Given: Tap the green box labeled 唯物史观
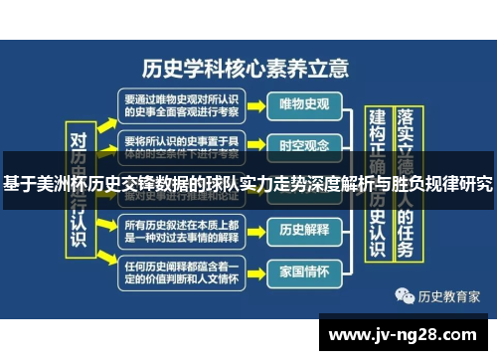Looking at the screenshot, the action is point(304,102).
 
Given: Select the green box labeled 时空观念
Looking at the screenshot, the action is point(304,145).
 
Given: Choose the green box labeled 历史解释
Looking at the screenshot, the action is point(304,230).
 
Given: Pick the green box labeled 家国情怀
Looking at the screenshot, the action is point(304,270).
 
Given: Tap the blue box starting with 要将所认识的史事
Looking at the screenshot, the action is point(181,144).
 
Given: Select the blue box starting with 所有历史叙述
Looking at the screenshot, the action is point(181,230).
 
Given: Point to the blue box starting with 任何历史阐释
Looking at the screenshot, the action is point(181,271).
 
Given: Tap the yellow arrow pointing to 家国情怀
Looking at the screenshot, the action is point(256,271).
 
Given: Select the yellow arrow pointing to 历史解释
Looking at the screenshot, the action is point(256,230).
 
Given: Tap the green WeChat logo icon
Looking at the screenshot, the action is point(406,295).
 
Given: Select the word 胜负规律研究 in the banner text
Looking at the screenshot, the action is point(443,184).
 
